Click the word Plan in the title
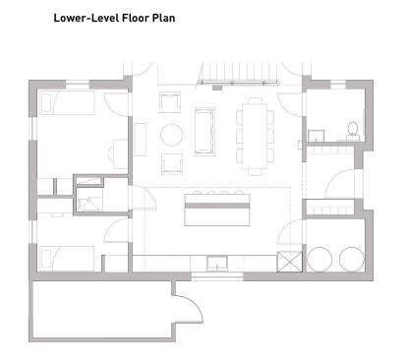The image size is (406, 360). (163, 18)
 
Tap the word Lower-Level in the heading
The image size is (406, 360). (87, 18)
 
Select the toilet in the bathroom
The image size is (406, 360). (353, 131)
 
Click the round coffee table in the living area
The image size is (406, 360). (171, 135)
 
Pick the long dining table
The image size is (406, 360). (255, 136)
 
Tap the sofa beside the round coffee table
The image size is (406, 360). (204, 130)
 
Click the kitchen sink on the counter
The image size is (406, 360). (217, 264)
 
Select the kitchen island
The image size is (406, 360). (217, 210)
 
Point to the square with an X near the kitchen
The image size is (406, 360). (289, 262)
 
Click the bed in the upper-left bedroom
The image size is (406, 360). (67, 102)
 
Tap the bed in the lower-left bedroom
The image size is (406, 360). (67, 259)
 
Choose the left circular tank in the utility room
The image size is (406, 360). (319, 259)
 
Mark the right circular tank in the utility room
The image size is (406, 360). (352, 259)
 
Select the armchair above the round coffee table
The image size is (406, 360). (170, 102)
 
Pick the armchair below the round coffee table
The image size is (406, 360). (172, 163)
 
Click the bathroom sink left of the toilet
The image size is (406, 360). (317, 136)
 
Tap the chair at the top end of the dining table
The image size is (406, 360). (255, 100)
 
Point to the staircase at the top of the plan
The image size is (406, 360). (239, 74)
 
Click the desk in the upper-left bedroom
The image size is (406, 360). (120, 153)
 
